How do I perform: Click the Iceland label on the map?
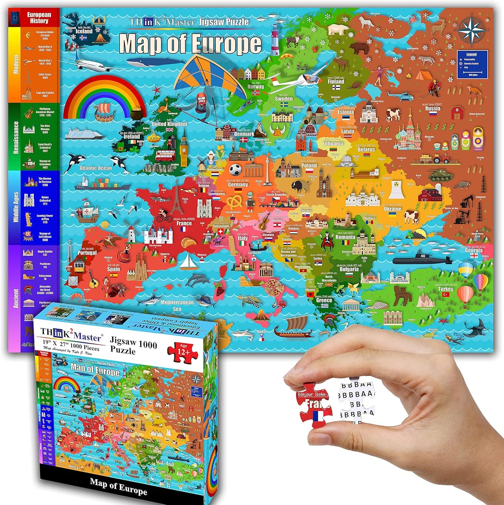coord(84,31)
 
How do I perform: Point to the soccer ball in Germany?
coord(235,170)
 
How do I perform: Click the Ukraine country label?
coord(392,209)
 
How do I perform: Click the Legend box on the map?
coord(472,65)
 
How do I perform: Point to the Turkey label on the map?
coord(445,289)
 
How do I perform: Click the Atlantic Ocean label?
coord(95,168)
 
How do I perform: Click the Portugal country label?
coord(87,252)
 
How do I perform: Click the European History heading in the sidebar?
coord(39,17)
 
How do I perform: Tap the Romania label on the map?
coord(345,237)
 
